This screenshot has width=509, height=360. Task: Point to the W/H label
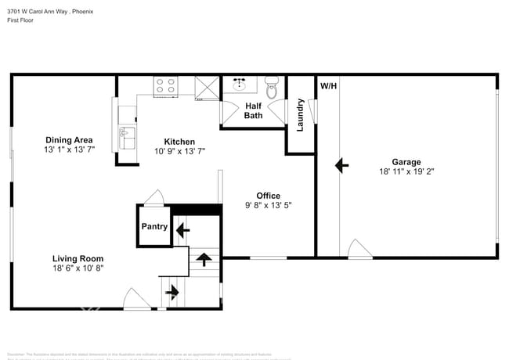328,85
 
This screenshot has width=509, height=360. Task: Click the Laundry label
300,114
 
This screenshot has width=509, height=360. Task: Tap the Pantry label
154,226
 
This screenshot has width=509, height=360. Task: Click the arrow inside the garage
341,165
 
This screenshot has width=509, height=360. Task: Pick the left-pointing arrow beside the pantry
182,230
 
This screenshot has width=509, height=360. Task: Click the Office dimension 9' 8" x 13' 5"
269,207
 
